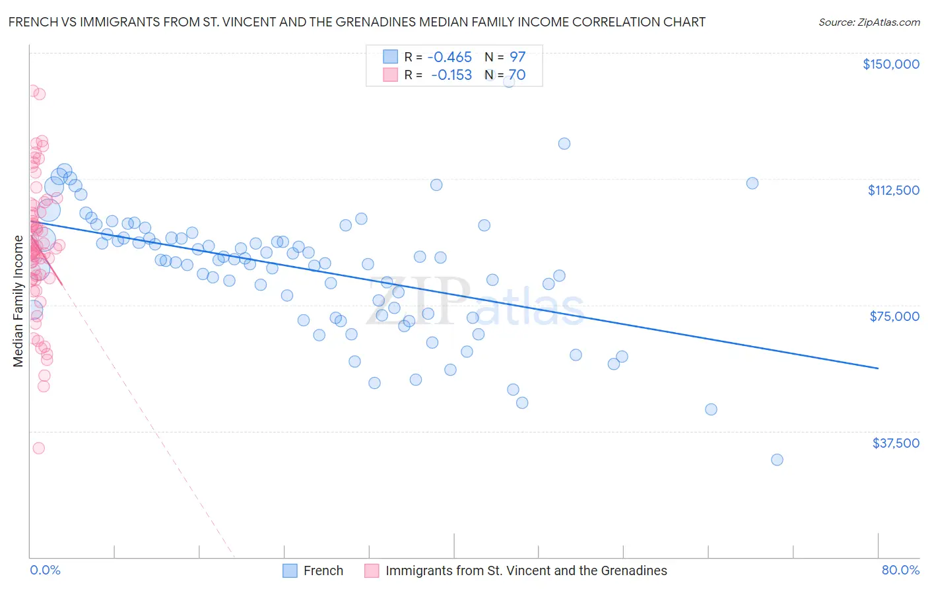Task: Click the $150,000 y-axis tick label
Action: [890, 64]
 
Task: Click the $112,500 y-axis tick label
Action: [893, 190]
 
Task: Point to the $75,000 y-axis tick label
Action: [894, 316]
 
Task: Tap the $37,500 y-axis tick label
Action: [896, 443]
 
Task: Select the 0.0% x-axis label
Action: [45, 571]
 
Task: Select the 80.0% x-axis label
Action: [900, 571]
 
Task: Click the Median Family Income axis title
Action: [18, 300]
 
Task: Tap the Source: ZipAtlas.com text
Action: [869, 22]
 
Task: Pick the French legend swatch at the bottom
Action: [290, 571]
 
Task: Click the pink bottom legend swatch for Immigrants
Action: [372, 571]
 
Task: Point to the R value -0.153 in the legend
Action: [451, 75]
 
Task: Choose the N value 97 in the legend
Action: [517, 57]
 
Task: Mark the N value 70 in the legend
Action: [517, 75]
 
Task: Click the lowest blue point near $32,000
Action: [777, 460]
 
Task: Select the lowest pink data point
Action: [38, 448]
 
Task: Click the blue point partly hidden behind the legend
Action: [509, 81]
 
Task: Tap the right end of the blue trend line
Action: [878, 368]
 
